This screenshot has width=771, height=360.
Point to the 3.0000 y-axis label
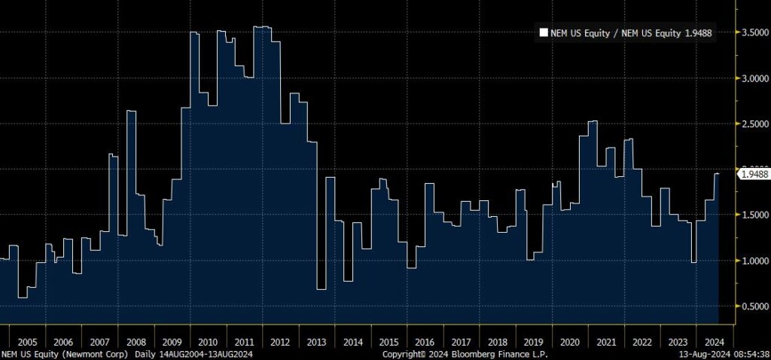(753, 78)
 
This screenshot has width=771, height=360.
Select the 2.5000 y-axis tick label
(753, 124)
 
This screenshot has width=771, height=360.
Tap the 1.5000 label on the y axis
(753, 215)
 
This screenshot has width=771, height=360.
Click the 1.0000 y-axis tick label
(753, 261)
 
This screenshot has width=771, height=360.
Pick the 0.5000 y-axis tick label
(753, 307)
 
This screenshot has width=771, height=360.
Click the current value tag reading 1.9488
(754, 175)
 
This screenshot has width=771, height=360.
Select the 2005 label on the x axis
(27, 341)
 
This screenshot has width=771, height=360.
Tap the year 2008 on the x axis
(136, 341)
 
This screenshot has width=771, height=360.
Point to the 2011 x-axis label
(245, 341)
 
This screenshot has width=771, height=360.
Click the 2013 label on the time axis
(317, 341)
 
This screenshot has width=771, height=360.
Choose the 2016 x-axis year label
(425, 341)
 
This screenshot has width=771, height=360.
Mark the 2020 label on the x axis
(570, 341)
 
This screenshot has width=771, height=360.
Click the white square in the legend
(543, 32)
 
